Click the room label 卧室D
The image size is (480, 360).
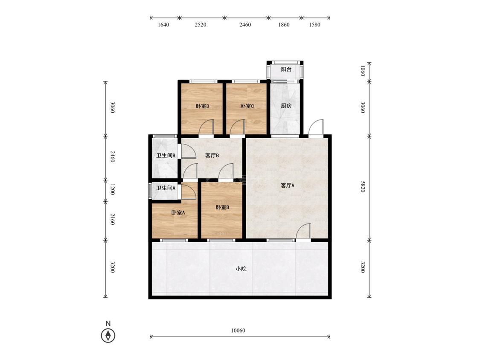point(202,106)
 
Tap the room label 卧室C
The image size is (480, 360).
point(247,106)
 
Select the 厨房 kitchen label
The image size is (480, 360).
point(286,106)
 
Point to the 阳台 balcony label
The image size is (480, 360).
point(286,69)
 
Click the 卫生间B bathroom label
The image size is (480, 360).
point(166,156)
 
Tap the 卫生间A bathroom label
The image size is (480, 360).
point(166,188)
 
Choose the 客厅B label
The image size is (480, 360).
point(212,156)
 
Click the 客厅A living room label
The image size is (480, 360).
point(288,186)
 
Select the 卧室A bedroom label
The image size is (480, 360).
point(178,212)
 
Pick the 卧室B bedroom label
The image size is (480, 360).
point(222,207)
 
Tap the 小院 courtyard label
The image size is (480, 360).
point(241,269)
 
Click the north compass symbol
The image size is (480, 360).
point(108,336)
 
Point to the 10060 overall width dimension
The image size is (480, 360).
point(238,331)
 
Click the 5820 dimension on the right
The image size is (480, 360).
point(363,187)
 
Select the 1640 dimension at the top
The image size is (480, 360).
point(163,25)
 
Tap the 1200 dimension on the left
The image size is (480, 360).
point(112,189)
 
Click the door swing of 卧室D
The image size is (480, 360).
point(206,127)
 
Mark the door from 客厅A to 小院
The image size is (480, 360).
point(303,231)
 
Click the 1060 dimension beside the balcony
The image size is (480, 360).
point(363,71)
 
